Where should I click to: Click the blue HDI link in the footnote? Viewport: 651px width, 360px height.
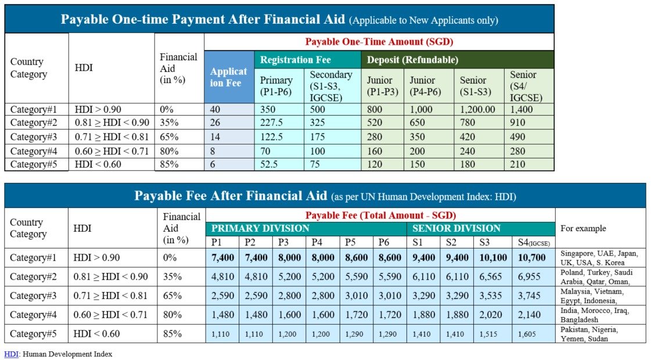pos(11,354)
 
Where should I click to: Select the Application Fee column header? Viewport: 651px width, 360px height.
pos(229,77)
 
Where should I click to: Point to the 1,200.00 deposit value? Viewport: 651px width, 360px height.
pos(478,110)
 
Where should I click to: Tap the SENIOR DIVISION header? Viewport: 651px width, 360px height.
pos(456,228)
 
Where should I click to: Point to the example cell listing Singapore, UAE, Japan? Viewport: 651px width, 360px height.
pos(599,257)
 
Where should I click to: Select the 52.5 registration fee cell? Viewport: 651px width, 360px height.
pos(268,164)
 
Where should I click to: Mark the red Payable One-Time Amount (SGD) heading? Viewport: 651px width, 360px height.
pos(379,42)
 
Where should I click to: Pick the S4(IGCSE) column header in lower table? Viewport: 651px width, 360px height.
pos(533,242)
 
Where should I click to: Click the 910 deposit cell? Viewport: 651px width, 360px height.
pos(518,123)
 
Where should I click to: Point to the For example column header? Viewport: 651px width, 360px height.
pos(583,228)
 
